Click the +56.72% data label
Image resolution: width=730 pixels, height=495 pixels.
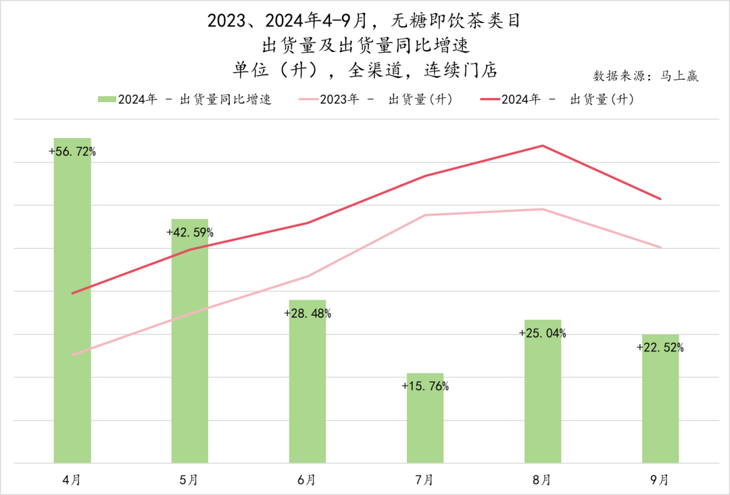click(72, 152)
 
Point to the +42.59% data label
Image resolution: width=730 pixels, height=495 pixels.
click(190, 233)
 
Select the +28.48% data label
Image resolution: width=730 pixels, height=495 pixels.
click(308, 314)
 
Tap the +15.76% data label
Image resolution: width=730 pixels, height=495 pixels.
click(425, 387)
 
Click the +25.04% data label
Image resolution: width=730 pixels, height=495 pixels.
click(543, 333)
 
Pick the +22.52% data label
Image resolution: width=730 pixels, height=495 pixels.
click(660, 348)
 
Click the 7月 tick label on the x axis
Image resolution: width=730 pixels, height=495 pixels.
click(425, 480)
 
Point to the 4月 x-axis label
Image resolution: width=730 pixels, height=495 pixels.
click(72, 480)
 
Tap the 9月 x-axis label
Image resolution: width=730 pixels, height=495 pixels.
click(660, 480)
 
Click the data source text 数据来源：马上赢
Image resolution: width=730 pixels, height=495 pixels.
click(646, 76)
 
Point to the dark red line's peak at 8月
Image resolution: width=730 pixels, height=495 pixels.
click(543, 145)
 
